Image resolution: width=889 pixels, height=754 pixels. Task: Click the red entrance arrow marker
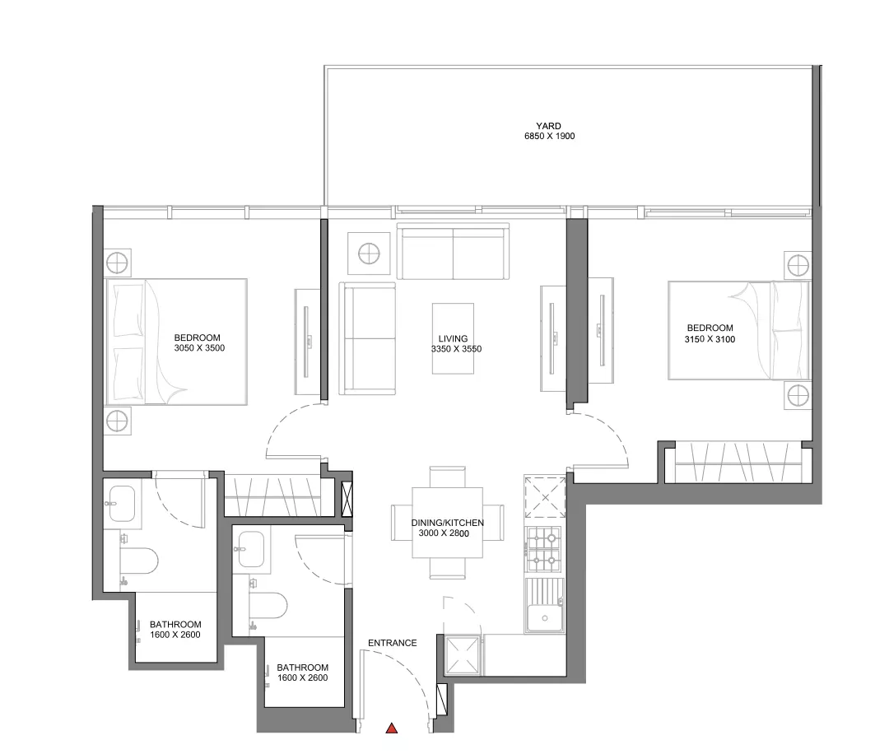[x=391, y=728]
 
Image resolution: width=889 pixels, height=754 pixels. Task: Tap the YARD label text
[x=549, y=126]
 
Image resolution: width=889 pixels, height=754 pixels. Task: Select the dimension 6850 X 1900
[x=549, y=136]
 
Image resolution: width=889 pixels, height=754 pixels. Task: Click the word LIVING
[x=453, y=339]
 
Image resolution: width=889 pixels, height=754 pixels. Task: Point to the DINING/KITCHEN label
[x=448, y=523]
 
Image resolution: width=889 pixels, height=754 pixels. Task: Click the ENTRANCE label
[x=393, y=643]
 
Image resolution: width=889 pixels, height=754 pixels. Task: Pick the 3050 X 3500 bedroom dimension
[x=199, y=348]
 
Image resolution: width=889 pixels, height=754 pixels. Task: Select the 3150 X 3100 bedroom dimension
[x=710, y=339]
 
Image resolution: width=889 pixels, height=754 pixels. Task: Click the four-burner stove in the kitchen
[x=544, y=549]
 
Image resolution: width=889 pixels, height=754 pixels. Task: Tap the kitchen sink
[x=545, y=605]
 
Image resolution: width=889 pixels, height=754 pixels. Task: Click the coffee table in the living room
[x=453, y=338]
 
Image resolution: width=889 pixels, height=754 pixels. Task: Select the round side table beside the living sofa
[x=369, y=254]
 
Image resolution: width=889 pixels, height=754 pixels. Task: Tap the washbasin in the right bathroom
[x=250, y=549]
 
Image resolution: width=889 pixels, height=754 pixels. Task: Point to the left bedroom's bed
[x=176, y=342]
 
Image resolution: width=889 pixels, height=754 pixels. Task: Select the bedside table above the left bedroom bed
[x=119, y=263]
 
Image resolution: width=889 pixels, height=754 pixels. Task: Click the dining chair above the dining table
[x=447, y=477]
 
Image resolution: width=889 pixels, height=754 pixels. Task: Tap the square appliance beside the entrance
[x=463, y=654]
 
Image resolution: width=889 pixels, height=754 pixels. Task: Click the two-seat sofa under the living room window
[x=453, y=251]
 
